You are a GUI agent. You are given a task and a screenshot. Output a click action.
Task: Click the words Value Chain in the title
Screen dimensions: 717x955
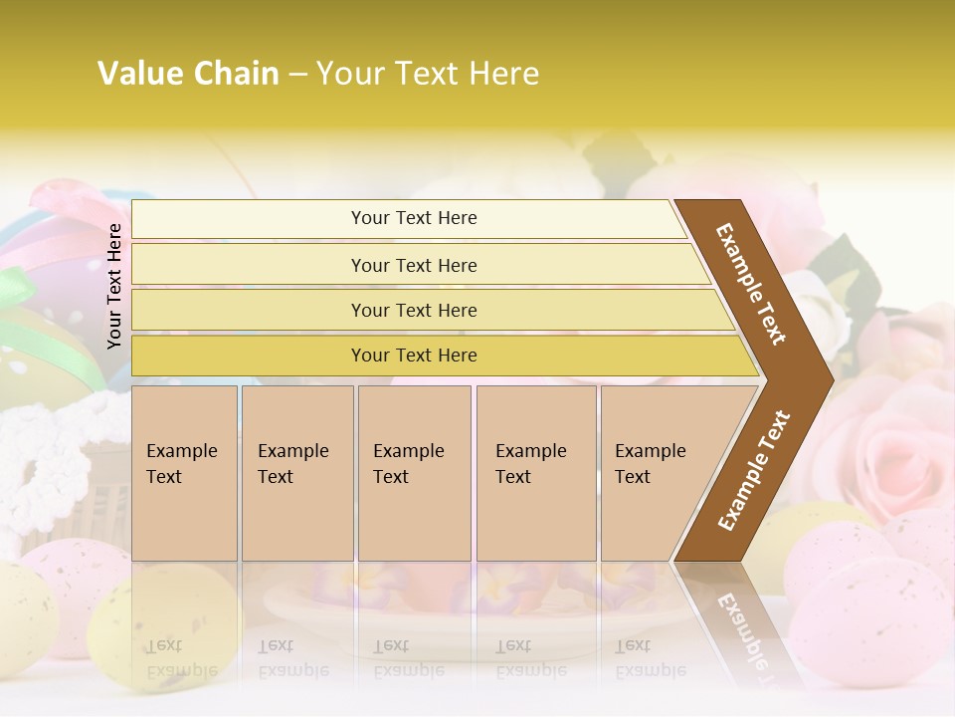pos(188,74)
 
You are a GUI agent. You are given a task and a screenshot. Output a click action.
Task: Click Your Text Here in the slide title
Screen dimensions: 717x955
pos(428,74)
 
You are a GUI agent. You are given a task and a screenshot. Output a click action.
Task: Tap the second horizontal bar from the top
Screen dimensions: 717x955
pos(414,265)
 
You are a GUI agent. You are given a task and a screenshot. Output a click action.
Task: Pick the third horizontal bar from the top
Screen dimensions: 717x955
pos(414,310)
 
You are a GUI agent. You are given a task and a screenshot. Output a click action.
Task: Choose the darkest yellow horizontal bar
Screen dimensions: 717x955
pos(414,356)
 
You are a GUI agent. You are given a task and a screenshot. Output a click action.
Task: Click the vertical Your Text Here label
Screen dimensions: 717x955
pos(114,286)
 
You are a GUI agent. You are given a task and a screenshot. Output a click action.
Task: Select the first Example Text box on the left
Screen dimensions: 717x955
pos(184,473)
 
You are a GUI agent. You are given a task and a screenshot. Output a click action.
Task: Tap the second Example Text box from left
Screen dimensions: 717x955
pos(296,473)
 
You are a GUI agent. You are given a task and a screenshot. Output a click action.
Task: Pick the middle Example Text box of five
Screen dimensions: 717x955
pos(414,473)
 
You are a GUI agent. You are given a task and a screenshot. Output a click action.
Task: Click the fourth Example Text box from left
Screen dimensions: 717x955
pos(535,473)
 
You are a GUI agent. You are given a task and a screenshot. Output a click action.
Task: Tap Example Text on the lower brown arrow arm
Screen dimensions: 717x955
pos(754,470)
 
